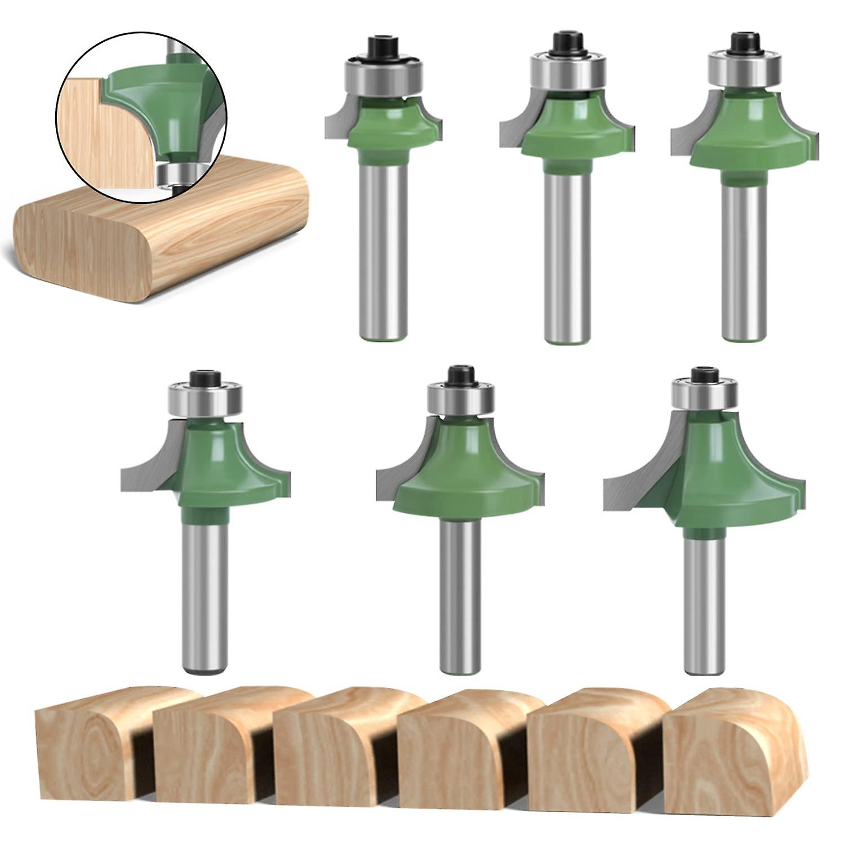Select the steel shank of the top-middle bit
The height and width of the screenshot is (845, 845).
click(567, 253)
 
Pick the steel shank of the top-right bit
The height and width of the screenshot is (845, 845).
click(745, 253)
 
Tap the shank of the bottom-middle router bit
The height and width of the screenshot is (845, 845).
click(461, 591)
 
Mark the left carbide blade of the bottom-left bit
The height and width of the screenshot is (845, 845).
click(149, 468)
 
